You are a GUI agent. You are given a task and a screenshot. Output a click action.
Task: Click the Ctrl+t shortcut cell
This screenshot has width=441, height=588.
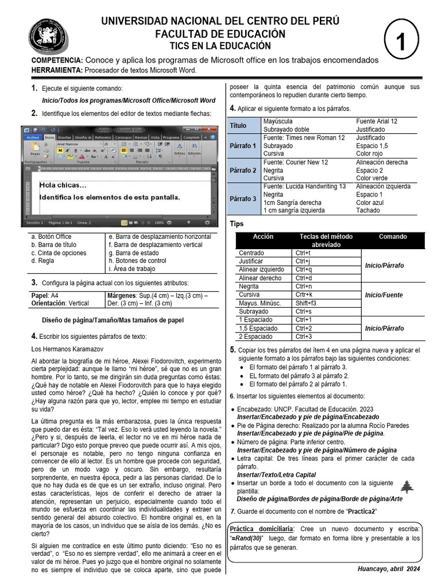click(x=303, y=253)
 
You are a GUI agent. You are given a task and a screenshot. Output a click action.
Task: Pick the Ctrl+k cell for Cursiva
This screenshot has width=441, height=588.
click(x=304, y=295)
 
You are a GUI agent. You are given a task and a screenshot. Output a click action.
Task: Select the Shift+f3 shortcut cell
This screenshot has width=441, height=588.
click(x=305, y=303)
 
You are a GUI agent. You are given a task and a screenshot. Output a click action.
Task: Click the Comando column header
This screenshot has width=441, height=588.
click(x=393, y=237)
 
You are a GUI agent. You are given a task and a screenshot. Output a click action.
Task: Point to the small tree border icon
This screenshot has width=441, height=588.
click(x=407, y=487)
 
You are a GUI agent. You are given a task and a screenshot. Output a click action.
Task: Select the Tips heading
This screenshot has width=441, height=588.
click(x=237, y=224)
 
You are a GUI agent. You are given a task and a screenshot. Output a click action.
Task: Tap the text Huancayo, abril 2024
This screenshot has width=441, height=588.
click(x=388, y=568)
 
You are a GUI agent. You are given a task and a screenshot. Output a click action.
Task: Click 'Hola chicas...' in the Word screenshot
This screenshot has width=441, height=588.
click(x=63, y=185)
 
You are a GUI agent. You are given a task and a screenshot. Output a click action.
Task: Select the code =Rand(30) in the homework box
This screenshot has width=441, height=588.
click(x=247, y=538)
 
